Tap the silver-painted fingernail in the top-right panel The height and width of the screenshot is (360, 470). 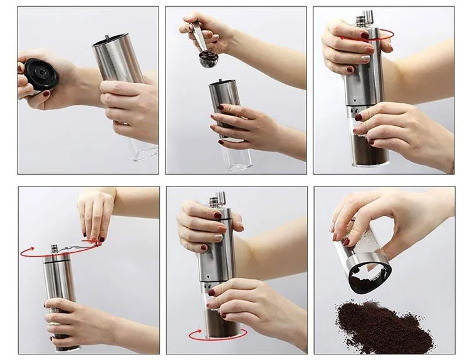(365, 58)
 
